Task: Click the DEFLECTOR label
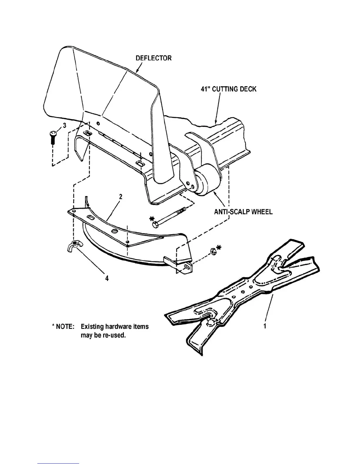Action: point(153,58)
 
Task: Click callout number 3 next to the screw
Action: point(64,126)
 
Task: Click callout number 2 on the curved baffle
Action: point(121,197)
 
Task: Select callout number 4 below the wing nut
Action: point(107,278)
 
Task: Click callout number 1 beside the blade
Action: point(265,326)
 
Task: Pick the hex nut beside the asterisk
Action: point(212,251)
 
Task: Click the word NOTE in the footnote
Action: point(64,327)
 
